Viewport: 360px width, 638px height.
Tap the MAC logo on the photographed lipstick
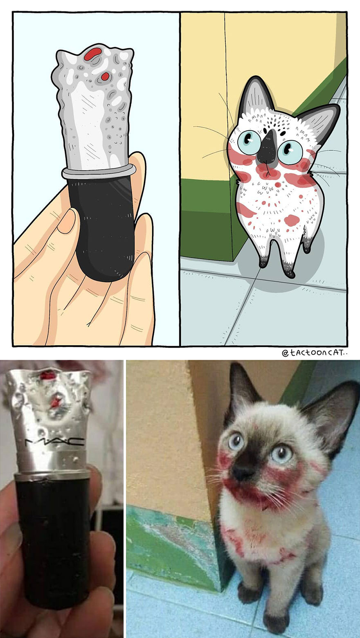55,442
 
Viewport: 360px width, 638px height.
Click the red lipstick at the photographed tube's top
48,375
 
